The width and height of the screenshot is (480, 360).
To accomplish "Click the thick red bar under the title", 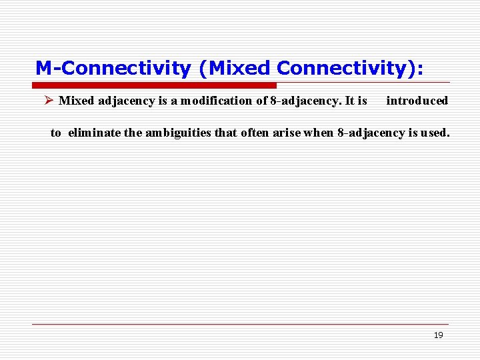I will (154, 85).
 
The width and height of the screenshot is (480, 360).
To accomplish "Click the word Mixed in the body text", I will (76, 101).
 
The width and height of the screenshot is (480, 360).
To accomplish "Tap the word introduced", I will (417, 101).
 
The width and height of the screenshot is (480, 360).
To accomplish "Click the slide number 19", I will (438, 335).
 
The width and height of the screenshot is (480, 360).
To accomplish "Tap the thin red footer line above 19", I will (240, 324).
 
